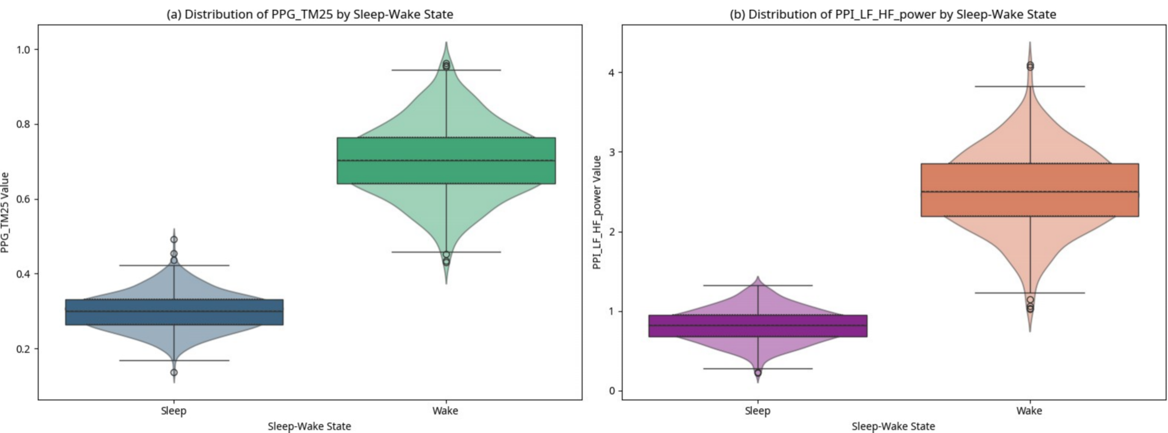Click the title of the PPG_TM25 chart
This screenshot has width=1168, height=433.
click(310, 14)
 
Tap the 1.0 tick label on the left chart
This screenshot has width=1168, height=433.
click(24, 49)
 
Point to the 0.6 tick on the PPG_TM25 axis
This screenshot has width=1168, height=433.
click(24, 199)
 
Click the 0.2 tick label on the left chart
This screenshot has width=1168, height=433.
click(24, 349)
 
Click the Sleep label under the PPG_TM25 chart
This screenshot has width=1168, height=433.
click(174, 411)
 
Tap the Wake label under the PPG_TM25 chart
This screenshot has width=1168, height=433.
click(445, 411)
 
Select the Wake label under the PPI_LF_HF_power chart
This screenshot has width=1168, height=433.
click(1029, 411)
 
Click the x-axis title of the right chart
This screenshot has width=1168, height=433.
click(893, 426)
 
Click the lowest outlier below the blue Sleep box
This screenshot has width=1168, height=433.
click(174, 372)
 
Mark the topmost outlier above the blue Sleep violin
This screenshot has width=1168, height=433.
click(174, 240)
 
